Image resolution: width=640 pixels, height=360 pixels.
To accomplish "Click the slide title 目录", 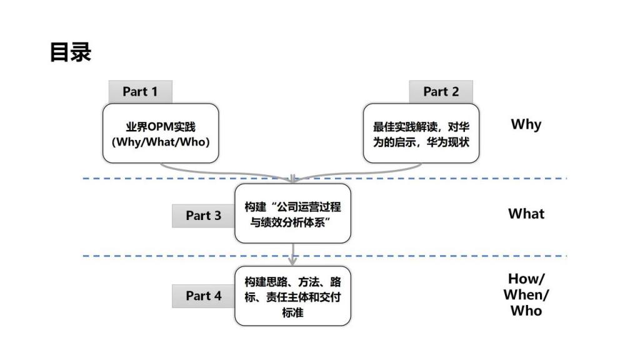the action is point(70,52).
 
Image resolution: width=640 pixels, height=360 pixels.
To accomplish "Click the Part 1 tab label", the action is point(140,91).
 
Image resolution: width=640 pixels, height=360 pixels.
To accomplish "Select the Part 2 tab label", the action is point(441,91).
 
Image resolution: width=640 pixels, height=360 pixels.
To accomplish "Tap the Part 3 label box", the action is point(203,216).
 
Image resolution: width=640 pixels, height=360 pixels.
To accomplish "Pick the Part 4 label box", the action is point(203,296).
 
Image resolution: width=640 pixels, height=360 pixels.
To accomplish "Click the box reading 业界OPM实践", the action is point(161,134).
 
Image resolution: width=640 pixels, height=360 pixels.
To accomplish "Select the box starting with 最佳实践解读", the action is point(421,134).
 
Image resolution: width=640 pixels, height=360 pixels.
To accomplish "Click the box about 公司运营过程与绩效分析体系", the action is point(292,214).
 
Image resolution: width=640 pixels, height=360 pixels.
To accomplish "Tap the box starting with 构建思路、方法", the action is point(292,296).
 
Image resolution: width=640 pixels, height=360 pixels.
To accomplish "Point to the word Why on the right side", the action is point(526,124).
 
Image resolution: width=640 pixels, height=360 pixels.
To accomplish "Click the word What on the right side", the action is point(526,214).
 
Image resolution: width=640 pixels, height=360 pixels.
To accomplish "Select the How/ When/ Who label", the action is point(526,295).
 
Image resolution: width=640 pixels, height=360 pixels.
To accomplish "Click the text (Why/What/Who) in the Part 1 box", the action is point(161,142).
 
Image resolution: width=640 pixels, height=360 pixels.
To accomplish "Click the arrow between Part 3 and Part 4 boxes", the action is point(292,254).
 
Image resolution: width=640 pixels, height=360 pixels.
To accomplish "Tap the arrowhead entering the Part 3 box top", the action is point(292,179).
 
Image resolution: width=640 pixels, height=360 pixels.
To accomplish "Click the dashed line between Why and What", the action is point(324,178).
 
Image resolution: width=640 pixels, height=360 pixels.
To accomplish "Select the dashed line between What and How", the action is point(324,256).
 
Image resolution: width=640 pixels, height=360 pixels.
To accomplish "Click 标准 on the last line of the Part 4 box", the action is point(292,312).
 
